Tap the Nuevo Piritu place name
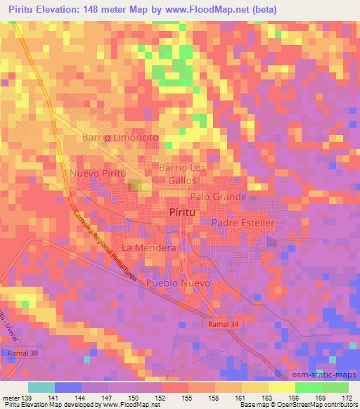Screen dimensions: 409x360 pos(97,173)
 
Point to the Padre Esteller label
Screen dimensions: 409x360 pos(242,223)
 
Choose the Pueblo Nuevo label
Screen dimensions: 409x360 pos(179,283)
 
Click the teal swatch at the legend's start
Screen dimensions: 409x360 pos(41,387)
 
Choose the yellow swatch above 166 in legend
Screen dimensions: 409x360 pos(282,387)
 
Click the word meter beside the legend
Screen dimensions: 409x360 pos(11,398)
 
